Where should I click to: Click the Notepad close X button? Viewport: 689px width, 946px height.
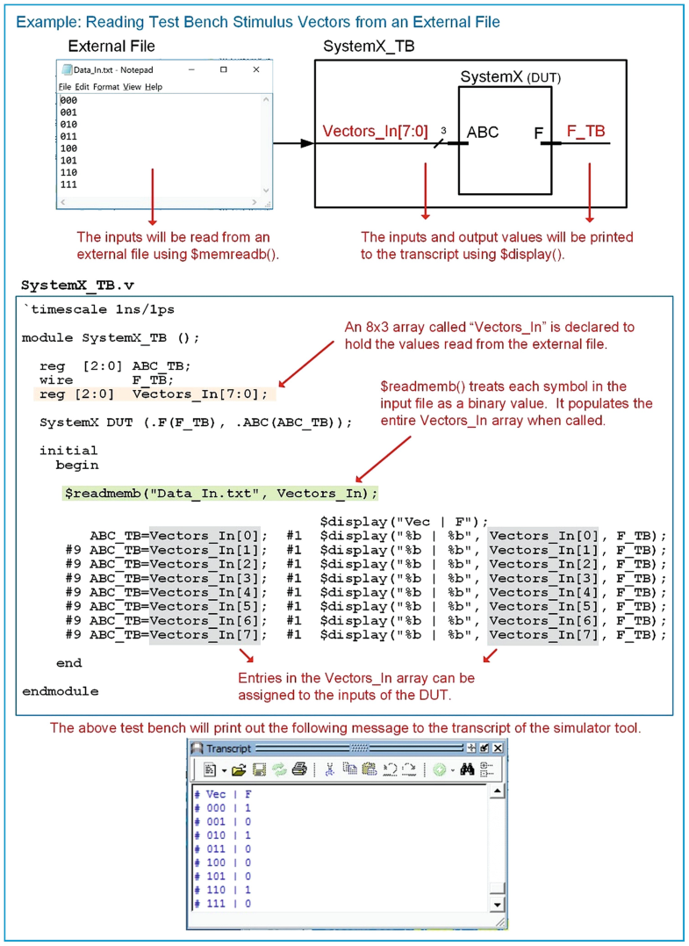(x=256, y=69)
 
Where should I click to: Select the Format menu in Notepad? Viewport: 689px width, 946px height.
(x=105, y=87)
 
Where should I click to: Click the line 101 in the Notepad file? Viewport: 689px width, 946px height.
(x=68, y=161)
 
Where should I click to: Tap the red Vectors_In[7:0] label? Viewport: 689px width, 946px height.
(x=375, y=132)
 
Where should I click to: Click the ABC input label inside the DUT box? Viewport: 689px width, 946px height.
(x=483, y=133)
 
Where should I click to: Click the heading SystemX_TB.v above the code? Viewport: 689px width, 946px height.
(x=76, y=285)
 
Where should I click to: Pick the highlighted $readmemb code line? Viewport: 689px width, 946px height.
(x=220, y=494)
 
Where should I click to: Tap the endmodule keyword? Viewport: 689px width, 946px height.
(x=60, y=691)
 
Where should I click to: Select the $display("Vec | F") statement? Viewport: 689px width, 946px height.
(x=405, y=522)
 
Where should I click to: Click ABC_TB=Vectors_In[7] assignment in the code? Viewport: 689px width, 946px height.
(x=175, y=634)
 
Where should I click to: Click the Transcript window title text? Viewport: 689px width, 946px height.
(x=227, y=747)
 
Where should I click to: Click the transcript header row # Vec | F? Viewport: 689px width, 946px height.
(x=223, y=793)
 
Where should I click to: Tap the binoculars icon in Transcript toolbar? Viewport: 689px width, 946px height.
(x=468, y=769)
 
